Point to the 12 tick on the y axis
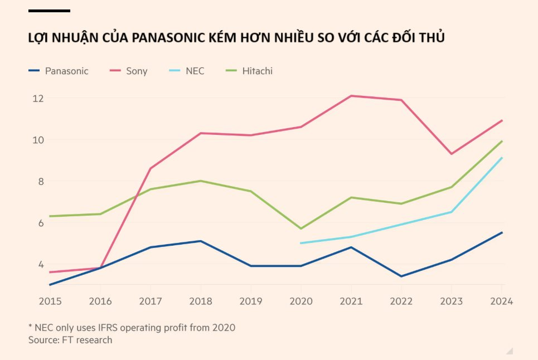click(38, 98)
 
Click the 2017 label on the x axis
click(151, 301)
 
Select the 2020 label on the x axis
click(301, 301)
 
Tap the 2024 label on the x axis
click(501, 301)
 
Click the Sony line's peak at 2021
click(351, 96)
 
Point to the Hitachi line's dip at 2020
click(301, 228)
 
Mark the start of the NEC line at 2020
click(301, 243)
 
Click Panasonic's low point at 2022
click(401, 276)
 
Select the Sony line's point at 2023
click(452, 154)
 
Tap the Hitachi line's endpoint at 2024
click(502, 141)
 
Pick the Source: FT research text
click(70, 339)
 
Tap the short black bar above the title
click(49, 11)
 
